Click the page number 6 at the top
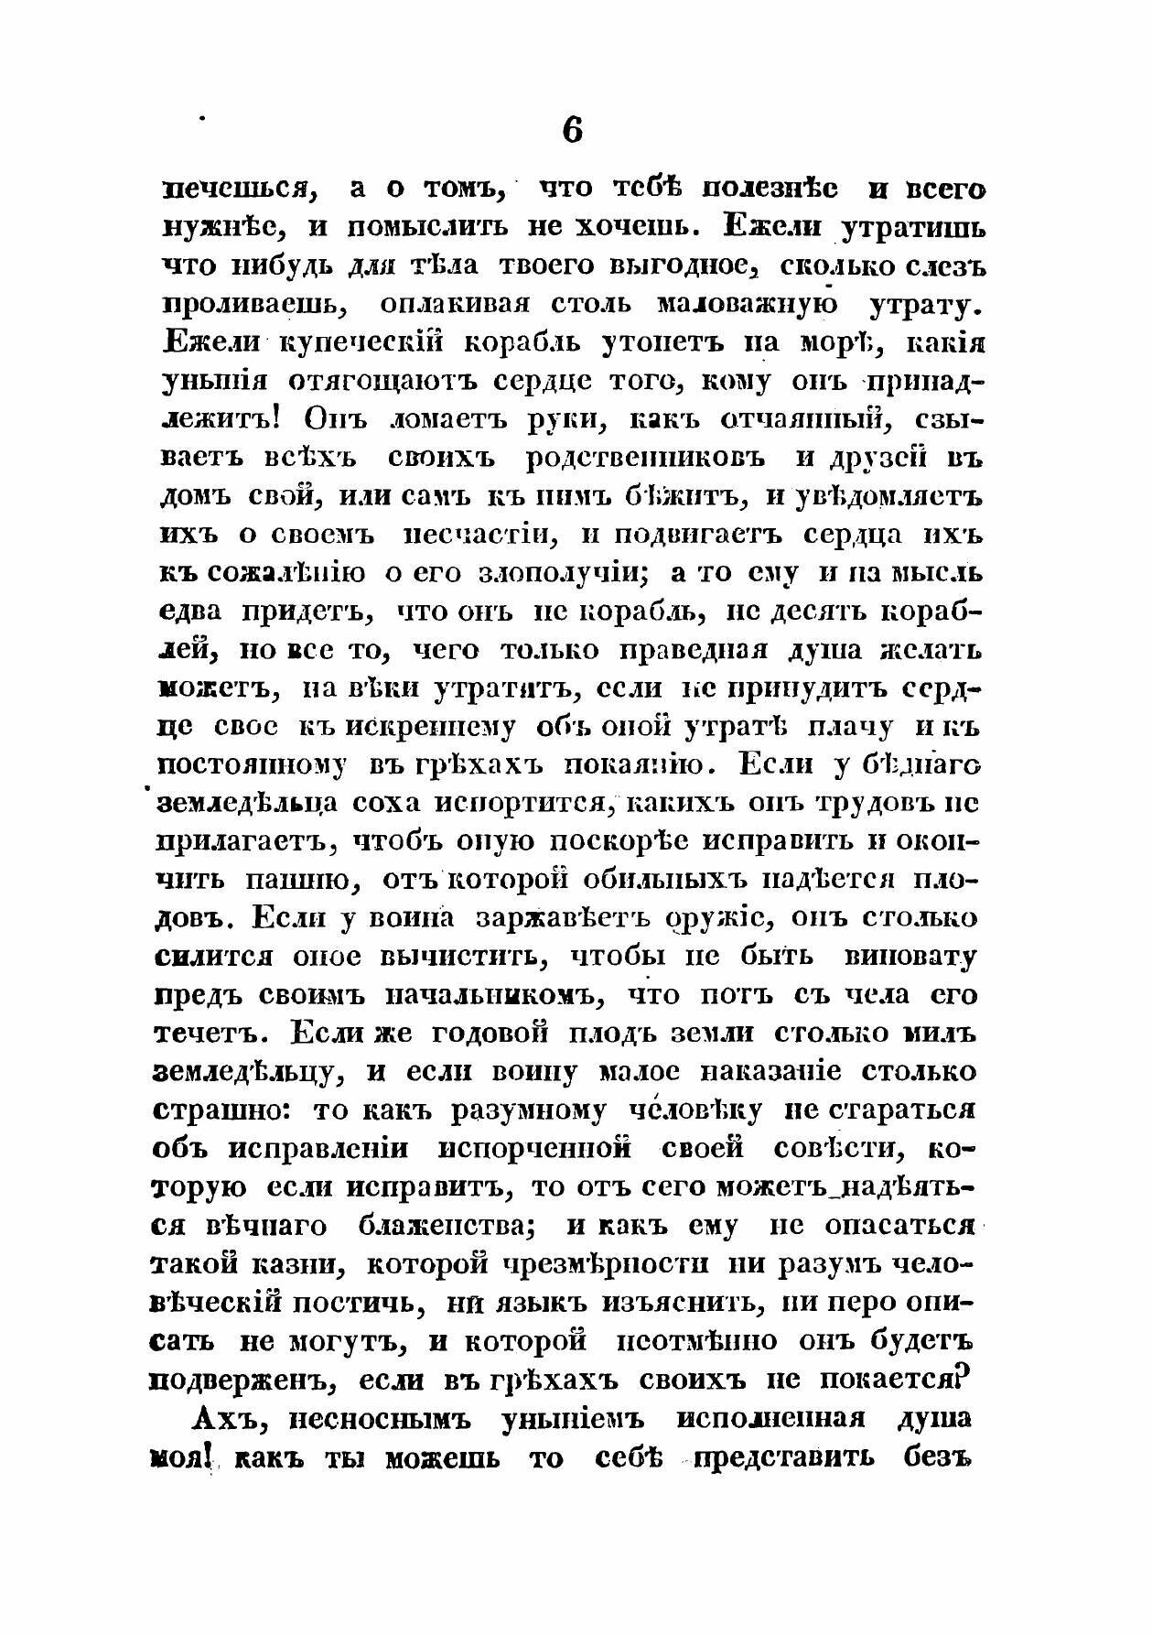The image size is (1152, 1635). (572, 130)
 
